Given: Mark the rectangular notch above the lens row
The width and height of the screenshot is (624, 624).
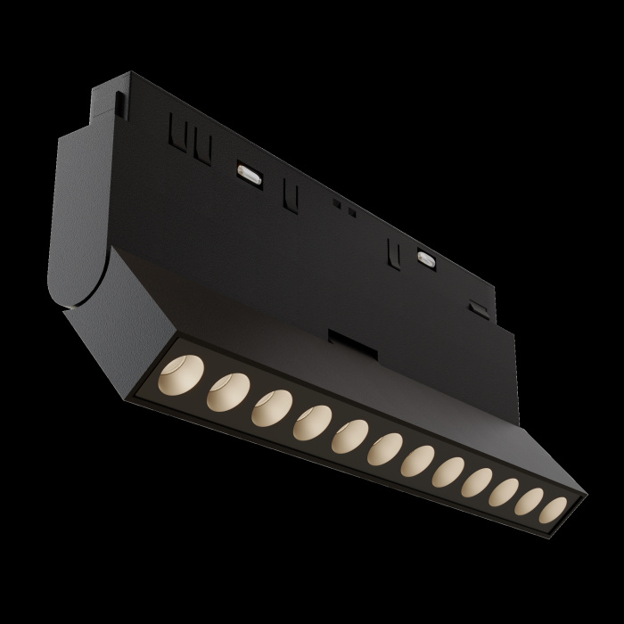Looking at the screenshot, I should (340, 340).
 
